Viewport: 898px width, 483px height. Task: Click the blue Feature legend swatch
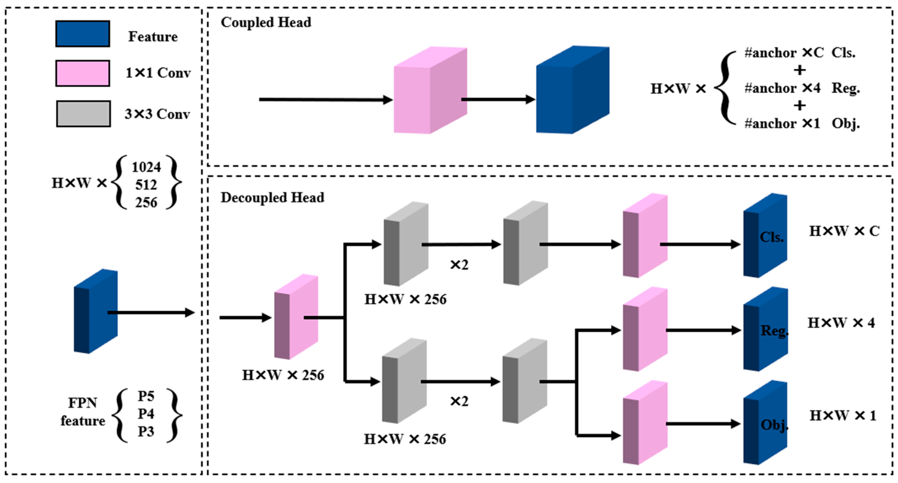pyautogui.click(x=83, y=34)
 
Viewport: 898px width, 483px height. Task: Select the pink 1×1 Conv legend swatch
pyautogui.click(x=83, y=73)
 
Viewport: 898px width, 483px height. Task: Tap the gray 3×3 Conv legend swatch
pyautogui.click(x=83, y=114)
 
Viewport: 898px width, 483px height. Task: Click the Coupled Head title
pyautogui.click(x=266, y=23)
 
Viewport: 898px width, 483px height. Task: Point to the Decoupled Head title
pyautogui.click(x=272, y=198)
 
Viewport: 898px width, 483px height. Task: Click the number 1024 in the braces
pyautogui.click(x=146, y=167)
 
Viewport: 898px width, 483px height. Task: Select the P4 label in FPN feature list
pyautogui.click(x=146, y=414)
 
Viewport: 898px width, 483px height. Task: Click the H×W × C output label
pyautogui.click(x=844, y=231)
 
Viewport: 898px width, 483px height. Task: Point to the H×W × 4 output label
pyautogui.click(x=841, y=323)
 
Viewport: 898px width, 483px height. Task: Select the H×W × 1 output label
pyautogui.click(x=843, y=415)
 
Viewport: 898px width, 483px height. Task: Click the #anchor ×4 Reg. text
pyautogui.click(x=802, y=88)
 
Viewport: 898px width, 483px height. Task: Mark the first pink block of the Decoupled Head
pyautogui.click(x=296, y=317)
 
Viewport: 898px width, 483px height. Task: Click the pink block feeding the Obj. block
pyautogui.click(x=645, y=423)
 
